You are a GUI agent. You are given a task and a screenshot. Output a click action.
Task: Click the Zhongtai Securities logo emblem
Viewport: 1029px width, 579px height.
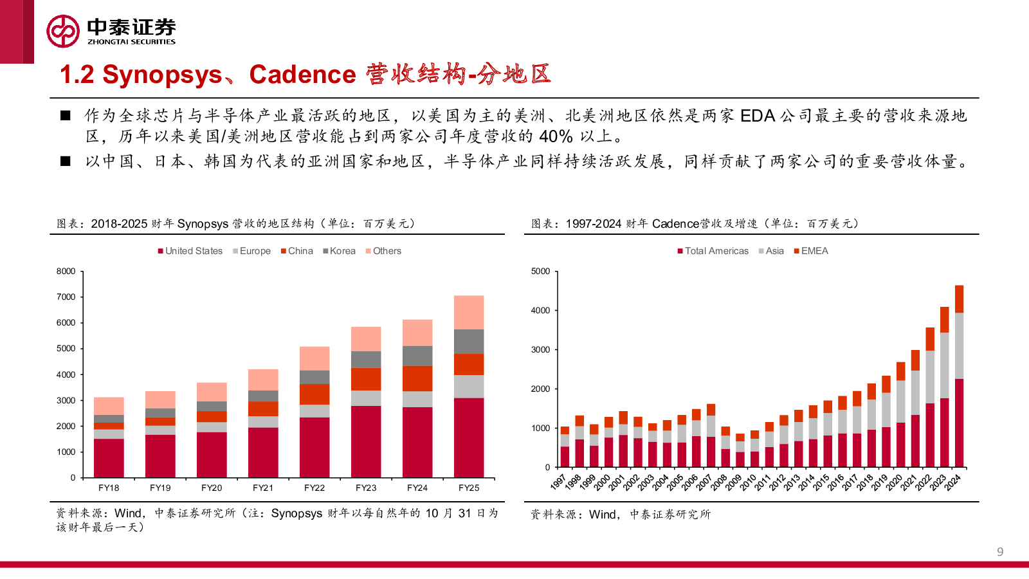[63, 31]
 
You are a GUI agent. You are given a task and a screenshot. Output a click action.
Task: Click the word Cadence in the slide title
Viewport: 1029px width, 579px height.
[302, 75]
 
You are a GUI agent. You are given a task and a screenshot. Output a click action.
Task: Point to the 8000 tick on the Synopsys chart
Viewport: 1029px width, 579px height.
[66, 271]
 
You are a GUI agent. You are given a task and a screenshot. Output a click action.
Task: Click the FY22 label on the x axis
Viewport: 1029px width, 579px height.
[314, 488]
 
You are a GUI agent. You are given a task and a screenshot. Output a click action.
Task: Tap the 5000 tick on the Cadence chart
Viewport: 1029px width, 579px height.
[540, 271]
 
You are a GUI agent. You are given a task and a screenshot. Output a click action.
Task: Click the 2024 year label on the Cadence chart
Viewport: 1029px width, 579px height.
[952, 482]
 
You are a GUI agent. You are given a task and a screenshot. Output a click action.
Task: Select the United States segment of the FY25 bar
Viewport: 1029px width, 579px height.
[469, 437]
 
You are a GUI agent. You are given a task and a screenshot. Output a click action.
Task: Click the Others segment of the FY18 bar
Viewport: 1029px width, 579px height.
[109, 406]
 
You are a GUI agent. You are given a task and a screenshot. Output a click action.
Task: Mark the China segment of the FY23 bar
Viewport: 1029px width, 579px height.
[366, 379]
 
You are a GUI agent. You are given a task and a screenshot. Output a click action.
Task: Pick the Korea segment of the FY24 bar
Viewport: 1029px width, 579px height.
[417, 356]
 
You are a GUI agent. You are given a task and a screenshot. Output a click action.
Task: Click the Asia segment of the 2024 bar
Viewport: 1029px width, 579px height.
[959, 345]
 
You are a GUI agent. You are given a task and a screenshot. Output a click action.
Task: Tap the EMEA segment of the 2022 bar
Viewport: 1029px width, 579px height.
[930, 339]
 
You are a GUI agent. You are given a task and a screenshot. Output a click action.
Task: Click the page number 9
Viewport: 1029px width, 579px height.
[1000, 551]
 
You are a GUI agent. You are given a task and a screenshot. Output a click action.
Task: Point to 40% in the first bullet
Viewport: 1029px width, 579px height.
[556, 136]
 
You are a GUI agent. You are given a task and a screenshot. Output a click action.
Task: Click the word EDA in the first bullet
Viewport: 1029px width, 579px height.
[758, 116]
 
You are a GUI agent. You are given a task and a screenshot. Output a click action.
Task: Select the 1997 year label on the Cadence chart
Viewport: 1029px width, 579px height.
[558, 482]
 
